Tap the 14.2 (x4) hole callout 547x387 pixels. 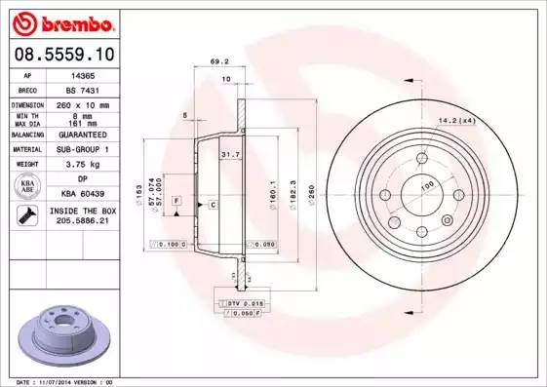(x=455, y=120)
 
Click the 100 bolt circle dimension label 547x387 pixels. (x=426, y=184)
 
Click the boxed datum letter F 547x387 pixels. (x=176, y=200)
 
